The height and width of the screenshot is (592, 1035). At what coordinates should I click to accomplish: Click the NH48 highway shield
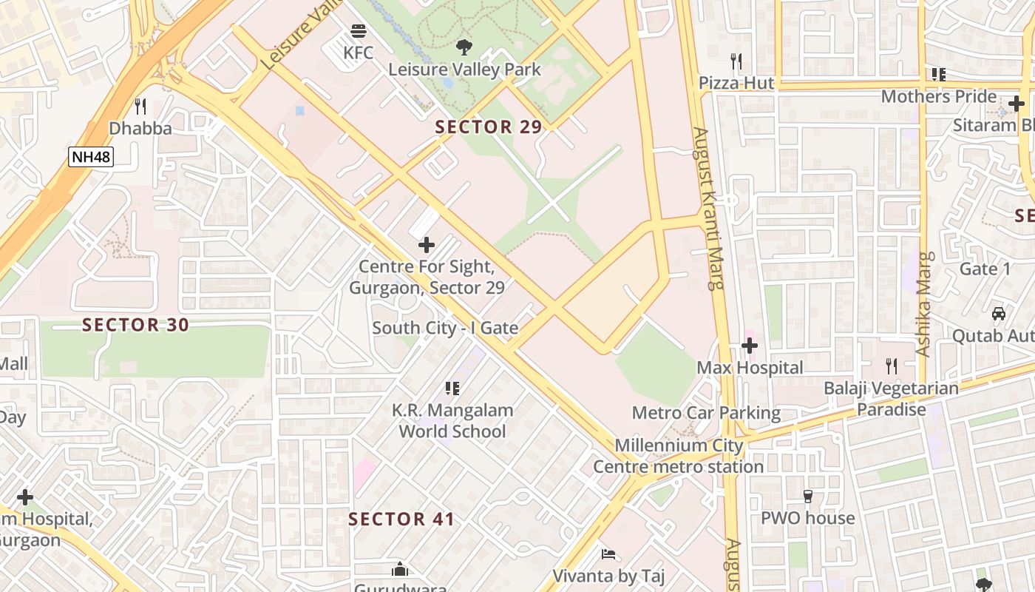[x=91, y=156]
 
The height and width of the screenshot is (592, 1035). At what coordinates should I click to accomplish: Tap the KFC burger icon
[x=359, y=31]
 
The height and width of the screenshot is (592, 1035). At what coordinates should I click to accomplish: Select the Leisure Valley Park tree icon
[x=464, y=47]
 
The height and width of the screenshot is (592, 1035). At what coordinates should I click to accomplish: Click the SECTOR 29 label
[x=488, y=127]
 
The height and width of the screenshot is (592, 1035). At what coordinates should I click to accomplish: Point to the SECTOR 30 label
[x=135, y=324]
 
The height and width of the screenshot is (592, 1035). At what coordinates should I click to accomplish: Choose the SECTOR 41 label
[x=401, y=519]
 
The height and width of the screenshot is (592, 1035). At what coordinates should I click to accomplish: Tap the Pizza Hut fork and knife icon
[x=736, y=61]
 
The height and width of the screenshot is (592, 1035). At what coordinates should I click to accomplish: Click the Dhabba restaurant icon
[x=140, y=107]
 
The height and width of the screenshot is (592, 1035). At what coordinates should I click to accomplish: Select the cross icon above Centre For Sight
[x=427, y=244]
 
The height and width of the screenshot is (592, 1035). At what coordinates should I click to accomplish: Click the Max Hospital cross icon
[x=750, y=346]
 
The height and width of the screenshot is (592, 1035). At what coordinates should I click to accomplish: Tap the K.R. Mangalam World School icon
[x=452, y=388]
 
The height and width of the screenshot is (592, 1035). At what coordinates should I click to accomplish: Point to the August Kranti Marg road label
[x=708, y=207]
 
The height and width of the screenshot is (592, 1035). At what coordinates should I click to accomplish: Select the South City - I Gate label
[x=445, y=328]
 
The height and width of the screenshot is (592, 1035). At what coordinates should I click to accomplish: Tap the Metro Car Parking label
[x=706, y=412]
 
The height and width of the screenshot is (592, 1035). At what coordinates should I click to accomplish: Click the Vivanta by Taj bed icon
[x=608, y=554]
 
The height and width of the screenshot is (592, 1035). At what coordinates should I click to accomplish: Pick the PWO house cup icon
[x=808, y=496]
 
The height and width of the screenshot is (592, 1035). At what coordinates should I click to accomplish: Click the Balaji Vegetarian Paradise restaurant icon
[x=892, y=366]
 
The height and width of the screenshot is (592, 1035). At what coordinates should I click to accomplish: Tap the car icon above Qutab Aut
[x=999, y=313]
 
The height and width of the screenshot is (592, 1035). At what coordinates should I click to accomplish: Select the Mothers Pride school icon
[x=939, y=74]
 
